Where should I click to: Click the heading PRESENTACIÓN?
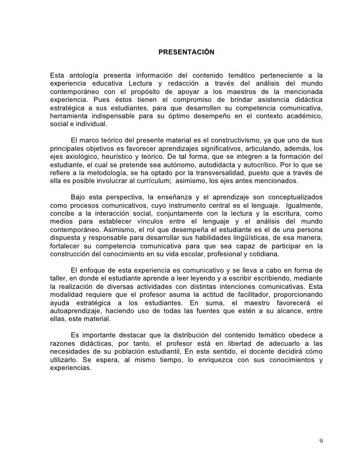186,52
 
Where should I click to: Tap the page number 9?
321,441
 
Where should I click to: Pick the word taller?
58,279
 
